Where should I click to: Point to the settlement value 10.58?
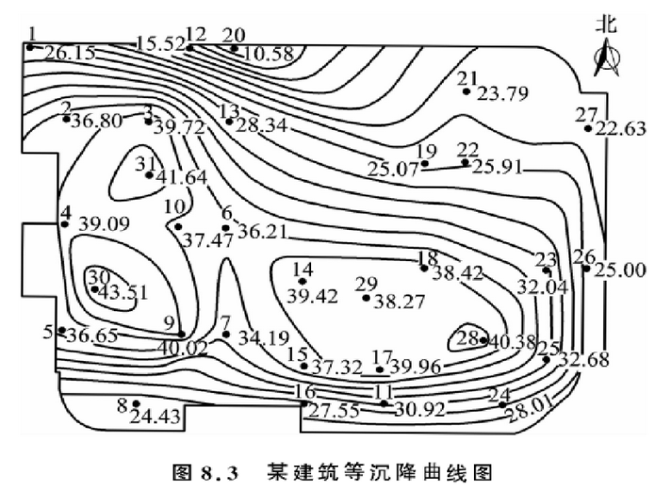[269, 54]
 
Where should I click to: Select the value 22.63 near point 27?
[621, 130]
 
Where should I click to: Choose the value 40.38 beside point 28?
[514, 342]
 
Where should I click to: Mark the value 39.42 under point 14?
[314, 296]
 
